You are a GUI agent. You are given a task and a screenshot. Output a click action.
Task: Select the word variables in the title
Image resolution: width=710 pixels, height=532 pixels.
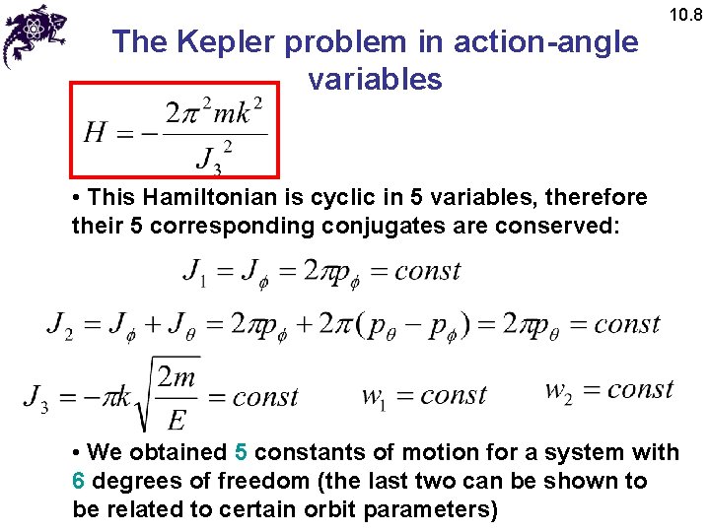tap(375, 79)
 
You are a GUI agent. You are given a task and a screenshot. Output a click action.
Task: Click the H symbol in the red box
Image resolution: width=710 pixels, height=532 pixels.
tap(96, 132)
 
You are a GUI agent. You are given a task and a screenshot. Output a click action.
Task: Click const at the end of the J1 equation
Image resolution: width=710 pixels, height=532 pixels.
tap(427, 271)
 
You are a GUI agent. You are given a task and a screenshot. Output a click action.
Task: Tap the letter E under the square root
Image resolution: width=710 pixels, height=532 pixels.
tap(177, 420)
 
